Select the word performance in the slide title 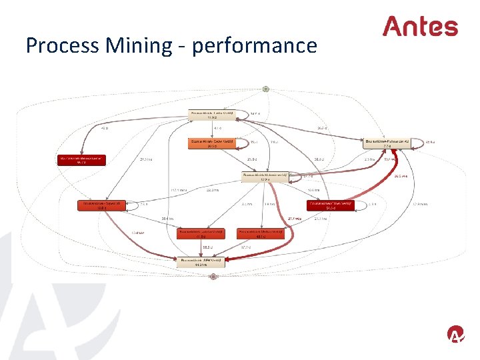254,46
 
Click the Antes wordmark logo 420,27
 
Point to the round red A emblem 455,334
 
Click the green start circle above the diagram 265,88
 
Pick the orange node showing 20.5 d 211,144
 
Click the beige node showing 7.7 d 387,142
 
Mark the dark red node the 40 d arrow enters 83,160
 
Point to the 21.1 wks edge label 294,218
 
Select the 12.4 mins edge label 419,204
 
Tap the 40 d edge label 104,128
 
